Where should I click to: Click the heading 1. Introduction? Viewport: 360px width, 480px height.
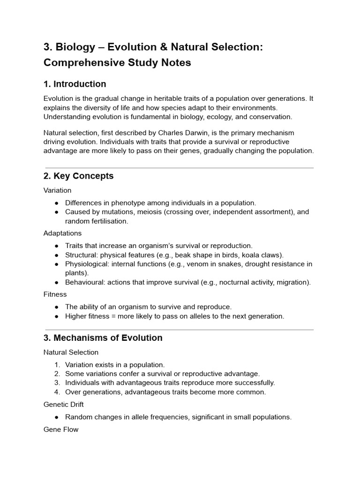pos(75,84)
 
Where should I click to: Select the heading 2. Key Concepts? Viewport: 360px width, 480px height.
pos(78,176)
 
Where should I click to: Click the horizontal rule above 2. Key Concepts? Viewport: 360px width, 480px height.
pos(179,168)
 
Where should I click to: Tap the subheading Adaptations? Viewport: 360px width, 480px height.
pos(62,233)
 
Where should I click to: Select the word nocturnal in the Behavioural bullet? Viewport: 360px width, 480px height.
pos(231,282)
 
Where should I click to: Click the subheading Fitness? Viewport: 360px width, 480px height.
pos(55,294)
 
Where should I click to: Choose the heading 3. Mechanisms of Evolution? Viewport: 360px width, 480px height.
pos(103,338)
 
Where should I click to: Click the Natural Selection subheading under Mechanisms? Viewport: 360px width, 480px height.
pos(71,352)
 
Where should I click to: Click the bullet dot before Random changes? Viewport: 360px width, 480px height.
pos(57,417)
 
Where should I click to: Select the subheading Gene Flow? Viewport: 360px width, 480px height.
pos(61,429)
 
